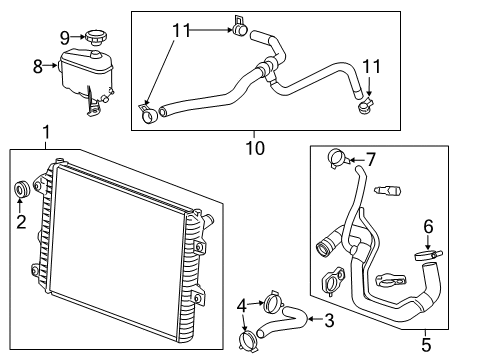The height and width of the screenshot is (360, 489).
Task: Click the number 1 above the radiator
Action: coord(45,131)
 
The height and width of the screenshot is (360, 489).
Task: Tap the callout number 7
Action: coord(370,159)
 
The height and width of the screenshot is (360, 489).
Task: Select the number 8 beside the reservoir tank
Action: coord(39,68)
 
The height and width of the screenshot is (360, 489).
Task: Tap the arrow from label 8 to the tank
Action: coord(52,68)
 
